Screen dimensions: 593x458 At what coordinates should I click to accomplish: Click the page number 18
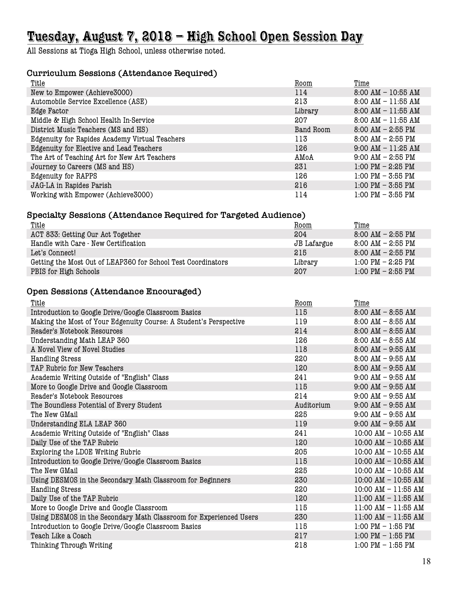click(x=426, y=562)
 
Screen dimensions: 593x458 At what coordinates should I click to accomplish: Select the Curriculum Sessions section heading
click(x=122, y=73)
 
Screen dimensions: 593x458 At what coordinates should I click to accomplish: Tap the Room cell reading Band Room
click(x=312, y=130)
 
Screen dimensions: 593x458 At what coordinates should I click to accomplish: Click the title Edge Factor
click(x=49, y=111)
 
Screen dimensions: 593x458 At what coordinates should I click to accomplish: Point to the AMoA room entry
click(x=304, y=157)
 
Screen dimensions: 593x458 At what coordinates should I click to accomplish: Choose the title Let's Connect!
click(x=53, y=253)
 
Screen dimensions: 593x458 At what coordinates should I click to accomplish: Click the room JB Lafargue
click(x=313, y=243)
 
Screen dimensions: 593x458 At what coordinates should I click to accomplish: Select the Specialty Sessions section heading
click(x=166, y=215)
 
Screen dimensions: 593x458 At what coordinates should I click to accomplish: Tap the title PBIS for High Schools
click(x=65, y=271)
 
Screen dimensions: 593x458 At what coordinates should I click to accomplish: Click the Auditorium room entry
click(x=312, y=405)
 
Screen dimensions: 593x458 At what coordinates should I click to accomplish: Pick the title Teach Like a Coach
click(x=61, y=536)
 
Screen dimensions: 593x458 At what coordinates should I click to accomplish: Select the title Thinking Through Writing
click(x=71, y=545)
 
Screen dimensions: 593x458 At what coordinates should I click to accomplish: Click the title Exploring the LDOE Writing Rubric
click(x=86, y=452)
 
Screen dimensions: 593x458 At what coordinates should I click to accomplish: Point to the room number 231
click(x=301, y=167)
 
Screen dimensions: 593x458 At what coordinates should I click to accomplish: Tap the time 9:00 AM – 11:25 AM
click(x=387, y=148)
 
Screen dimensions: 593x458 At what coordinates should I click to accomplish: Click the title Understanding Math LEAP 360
click(x=80, y=340)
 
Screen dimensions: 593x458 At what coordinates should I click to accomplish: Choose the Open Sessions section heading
click(x=114, y=291)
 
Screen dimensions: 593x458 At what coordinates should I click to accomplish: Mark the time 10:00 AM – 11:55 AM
click(x=389, y=489)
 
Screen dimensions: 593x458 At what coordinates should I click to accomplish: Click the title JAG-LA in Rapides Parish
click(x=71, y=185)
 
